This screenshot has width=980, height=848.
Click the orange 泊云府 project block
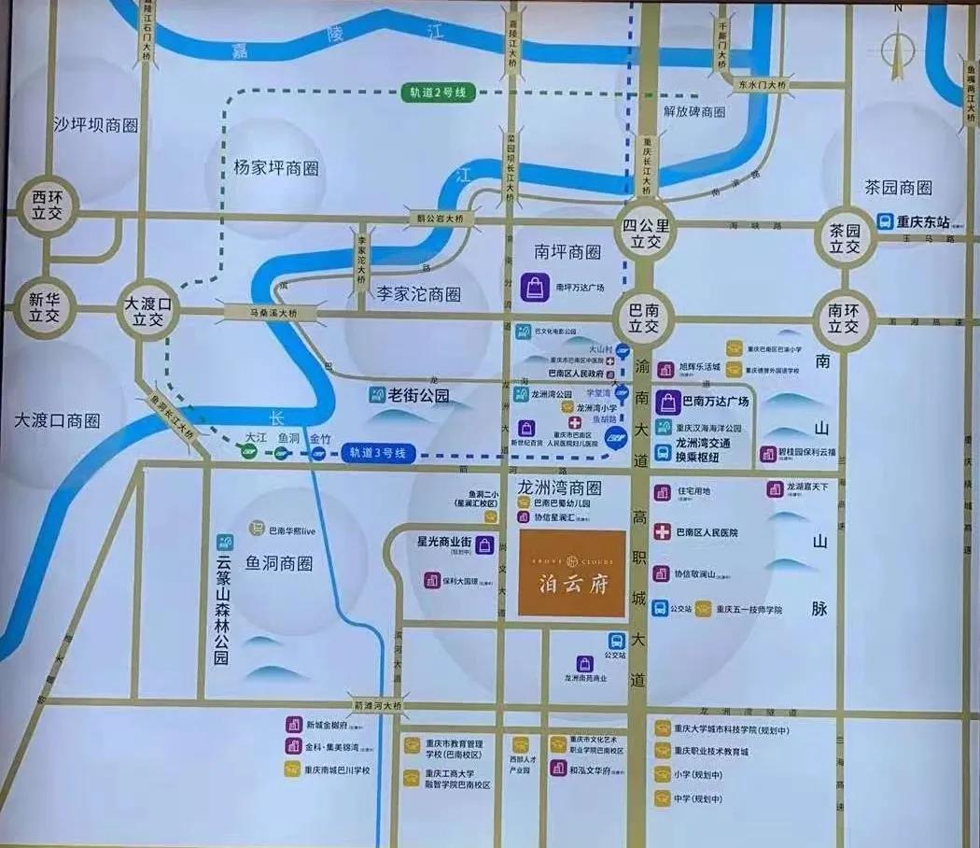pos(571,573)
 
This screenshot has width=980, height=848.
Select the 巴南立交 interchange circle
pos(644,317)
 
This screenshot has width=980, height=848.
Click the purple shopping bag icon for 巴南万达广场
pos(668,403)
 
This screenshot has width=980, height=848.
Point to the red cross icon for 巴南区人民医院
pos(662,532)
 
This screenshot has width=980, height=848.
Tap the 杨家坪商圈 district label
pos(276,168)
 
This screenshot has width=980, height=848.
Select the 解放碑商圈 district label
pos(694,111)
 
